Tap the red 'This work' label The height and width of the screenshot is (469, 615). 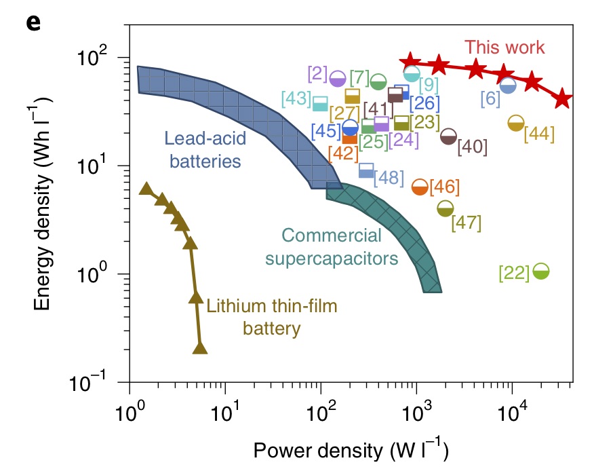click(504, 48)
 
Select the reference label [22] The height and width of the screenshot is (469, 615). click(513, 273)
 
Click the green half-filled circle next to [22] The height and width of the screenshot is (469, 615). click(540, 271)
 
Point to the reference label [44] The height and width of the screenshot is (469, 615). click(539, 134)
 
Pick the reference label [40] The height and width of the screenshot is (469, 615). click(472, 146)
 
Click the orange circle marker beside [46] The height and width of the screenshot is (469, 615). click(420, 187)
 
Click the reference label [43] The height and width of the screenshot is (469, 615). click(297, 98)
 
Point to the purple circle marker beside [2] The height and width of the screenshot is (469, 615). click(338, 78)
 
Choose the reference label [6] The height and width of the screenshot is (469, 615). click(490, 98)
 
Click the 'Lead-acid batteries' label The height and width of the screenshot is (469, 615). click(203, 150)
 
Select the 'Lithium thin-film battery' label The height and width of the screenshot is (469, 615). click(272, 318)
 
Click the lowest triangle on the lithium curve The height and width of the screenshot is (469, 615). click(200, 348)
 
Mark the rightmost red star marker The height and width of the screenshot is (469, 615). click(562, 99)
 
